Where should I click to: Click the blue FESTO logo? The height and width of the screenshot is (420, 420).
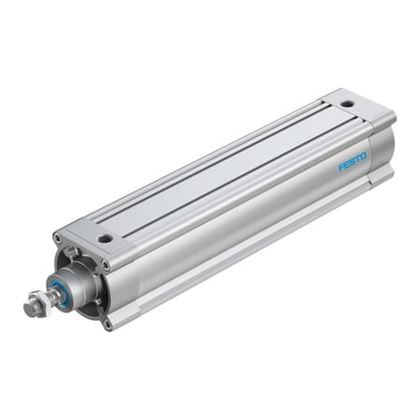[353, 162]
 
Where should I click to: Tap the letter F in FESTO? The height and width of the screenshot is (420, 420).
[341, 168]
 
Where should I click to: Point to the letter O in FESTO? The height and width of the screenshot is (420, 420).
[365, 157]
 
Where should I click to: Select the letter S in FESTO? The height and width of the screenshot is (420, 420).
[353, 162]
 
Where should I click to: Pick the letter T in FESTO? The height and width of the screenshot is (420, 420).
[358, 160]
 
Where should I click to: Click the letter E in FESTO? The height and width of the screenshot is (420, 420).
[346, 165]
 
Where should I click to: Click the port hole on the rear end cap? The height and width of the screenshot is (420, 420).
[347, 103]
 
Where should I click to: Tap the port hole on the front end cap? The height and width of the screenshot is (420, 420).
[105, 238]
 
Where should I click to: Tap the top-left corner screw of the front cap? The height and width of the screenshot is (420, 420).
[59, 238]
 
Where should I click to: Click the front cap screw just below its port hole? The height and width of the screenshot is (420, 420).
[105, 264]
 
